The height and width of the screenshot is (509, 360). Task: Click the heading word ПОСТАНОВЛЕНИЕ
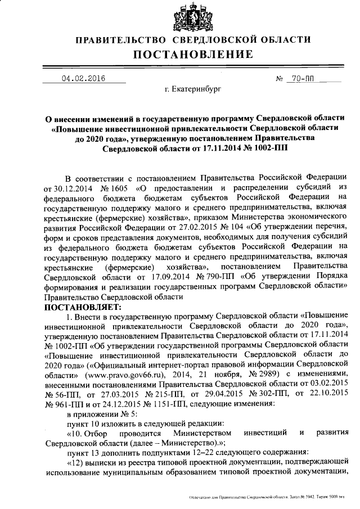(x=193, y=55)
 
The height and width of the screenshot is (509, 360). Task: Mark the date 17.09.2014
(x=172, y=277)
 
